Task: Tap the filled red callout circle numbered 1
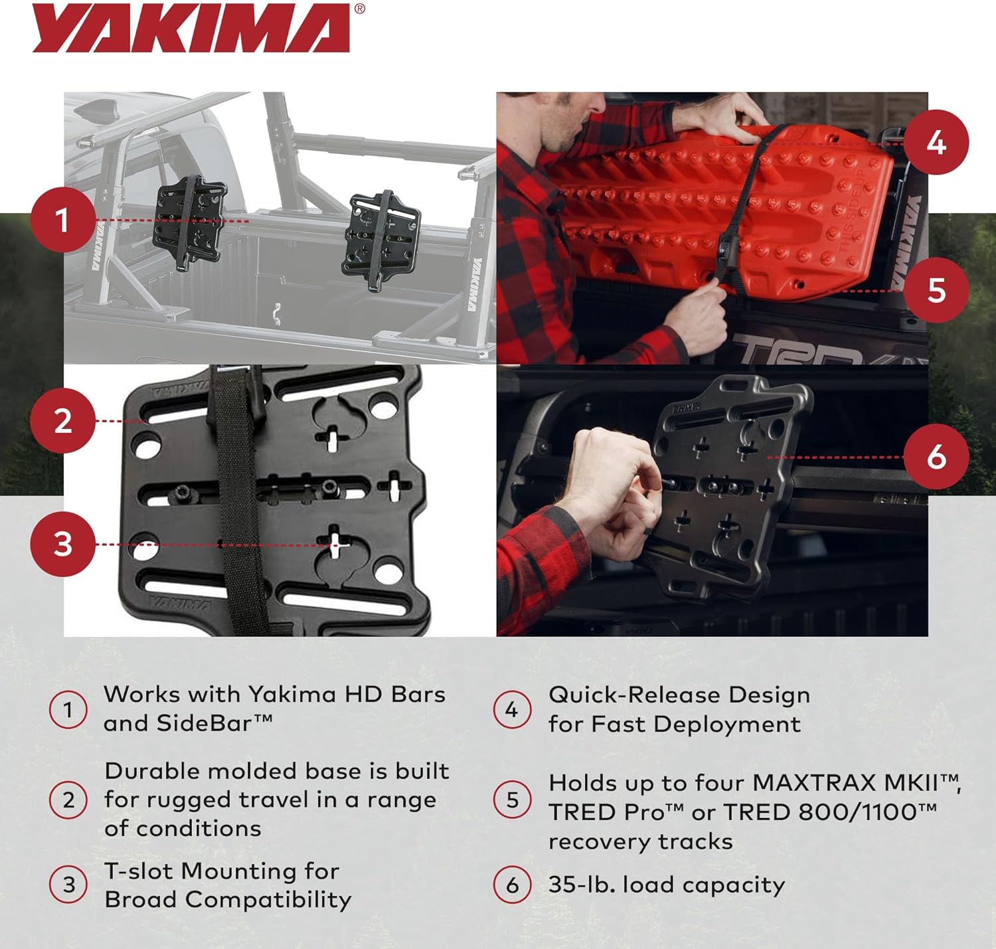click(62, 220)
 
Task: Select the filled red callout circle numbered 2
click(62, 421)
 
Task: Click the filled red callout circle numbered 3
click(62, 544)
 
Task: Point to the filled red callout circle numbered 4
click(936, 143)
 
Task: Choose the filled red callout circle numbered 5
click(936, 290)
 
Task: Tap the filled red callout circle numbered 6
click(936, 457)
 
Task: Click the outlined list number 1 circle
click(68, 710)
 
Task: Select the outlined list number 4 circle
click(512, 710)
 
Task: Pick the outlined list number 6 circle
click(512, 885)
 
